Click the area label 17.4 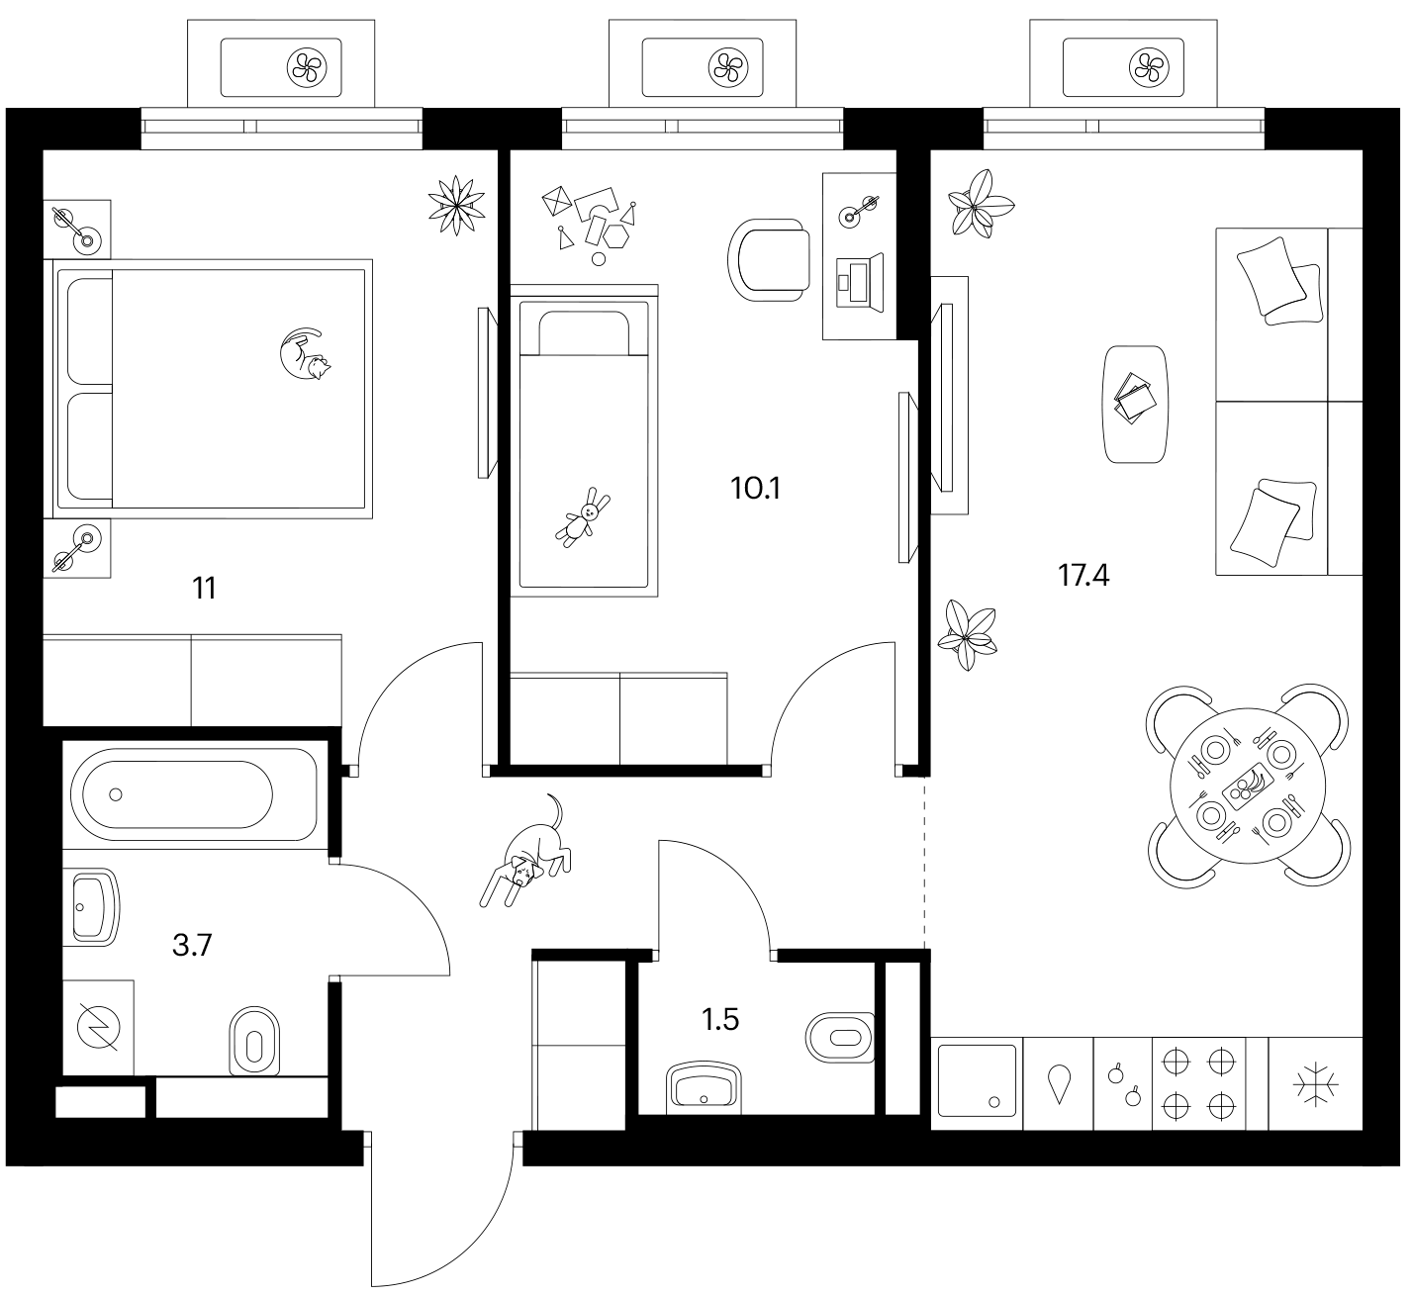pos(1083,576)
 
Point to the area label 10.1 pos(755,489)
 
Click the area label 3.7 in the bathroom pos(192,946)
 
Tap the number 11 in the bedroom pos(204,589)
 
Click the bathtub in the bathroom pos(194,794)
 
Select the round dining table pos(1248,786)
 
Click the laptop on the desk pos(860,282)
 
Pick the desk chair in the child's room pos(769,261)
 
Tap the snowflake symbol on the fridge pos(1316,1084)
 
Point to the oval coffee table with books pos(1136,404)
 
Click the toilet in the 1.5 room pos(840,1038)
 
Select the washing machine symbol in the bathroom pos(99,1028)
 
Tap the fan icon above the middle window pos(728,67)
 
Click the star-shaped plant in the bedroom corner pos(457,206)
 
